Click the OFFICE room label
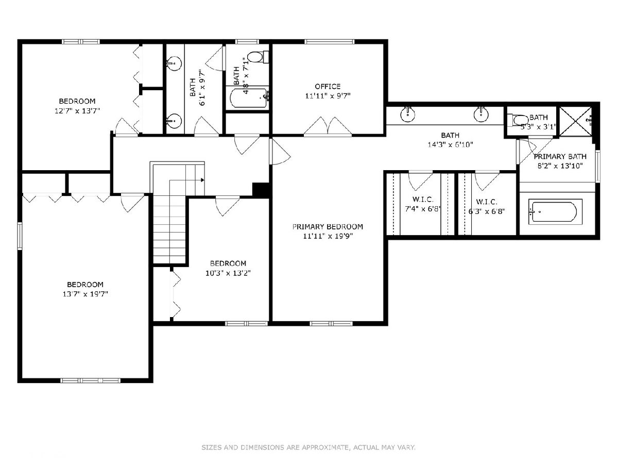tap(328, 87)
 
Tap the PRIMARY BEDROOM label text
tap(328, 227)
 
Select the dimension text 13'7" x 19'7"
tap(85, 294)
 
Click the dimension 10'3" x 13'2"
tap(228, 273)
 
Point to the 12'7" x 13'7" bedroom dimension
tap(77, 111)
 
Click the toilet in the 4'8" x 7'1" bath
tap(258, 57)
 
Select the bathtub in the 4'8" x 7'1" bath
tap(249, 98)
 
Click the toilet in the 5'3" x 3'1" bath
tap(518, 120)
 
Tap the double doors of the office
tap(328, 126)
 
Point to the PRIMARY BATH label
tap(560, 157)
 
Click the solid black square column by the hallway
tap(261, 190)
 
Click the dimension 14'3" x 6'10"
tap(451, 145)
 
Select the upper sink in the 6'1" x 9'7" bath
tap(174, 63)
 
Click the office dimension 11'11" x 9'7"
tap(328, 96)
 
